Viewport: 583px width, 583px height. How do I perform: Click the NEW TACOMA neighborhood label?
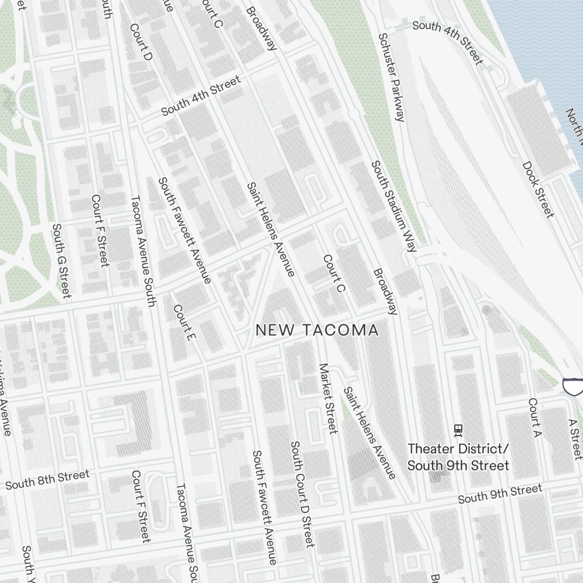317,330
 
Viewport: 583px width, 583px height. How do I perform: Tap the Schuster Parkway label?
391,77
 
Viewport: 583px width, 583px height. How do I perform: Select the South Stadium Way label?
394,206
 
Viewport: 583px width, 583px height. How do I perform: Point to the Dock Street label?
538,190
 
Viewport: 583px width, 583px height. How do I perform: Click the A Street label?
575,438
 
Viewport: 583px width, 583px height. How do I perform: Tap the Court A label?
535,417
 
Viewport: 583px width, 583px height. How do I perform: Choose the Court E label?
182,322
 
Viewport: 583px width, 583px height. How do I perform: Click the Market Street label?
328,398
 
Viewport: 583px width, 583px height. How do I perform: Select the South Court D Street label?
302,494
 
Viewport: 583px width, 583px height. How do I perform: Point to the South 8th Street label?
47,480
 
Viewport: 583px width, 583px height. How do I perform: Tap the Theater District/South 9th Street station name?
458,457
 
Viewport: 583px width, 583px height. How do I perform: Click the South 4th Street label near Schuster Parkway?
448,41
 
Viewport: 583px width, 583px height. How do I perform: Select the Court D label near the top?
141,42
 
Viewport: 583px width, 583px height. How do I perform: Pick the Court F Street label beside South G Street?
100,230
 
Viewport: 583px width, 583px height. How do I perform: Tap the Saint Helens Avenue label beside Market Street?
369,432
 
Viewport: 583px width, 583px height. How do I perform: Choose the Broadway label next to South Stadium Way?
385,291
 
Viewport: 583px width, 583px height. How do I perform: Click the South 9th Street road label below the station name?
500,494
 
